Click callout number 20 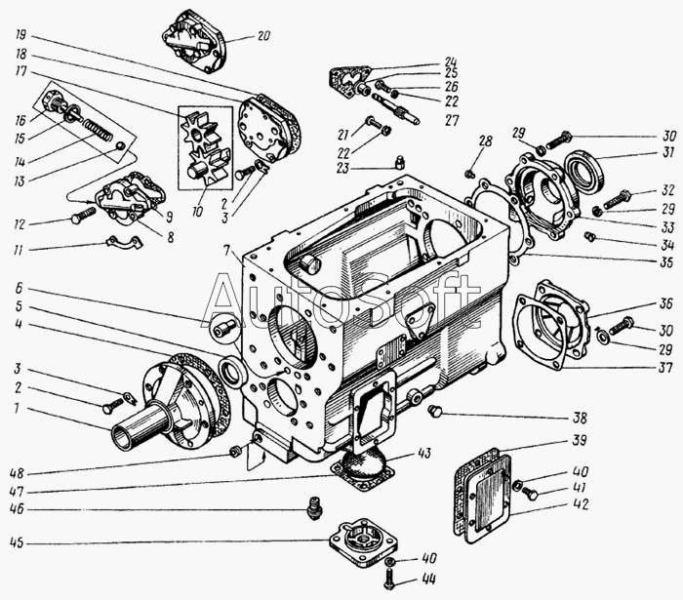[263, 36]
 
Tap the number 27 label [451, 121]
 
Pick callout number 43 [422, 453]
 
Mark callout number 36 [637, 302]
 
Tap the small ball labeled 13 [120, 147]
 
